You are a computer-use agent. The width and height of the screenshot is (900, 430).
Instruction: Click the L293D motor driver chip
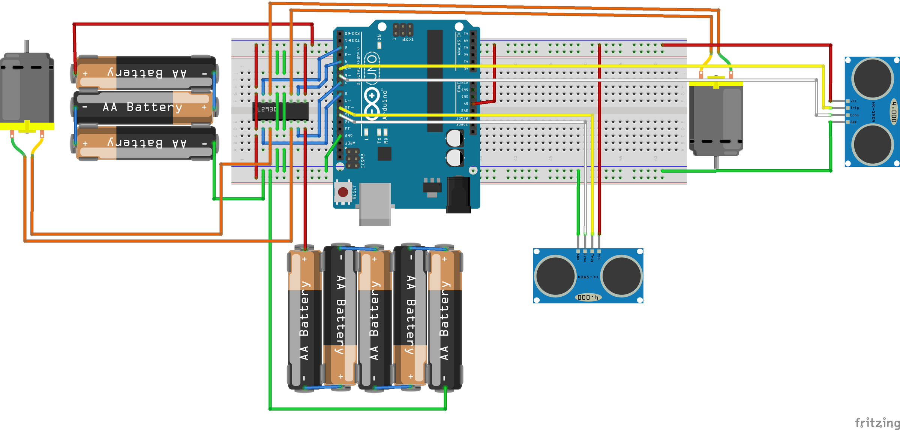pyautogui.click(x=280, y=111)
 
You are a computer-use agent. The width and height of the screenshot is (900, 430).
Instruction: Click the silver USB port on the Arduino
pyautogui.click(x=375, y=204)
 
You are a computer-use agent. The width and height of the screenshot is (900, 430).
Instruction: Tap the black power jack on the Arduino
pyautogui.click(x=458, y=195)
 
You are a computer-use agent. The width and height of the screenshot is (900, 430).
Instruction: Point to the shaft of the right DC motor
pyautogui.click(x=716, y=162)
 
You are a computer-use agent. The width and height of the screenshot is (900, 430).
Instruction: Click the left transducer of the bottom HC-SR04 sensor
pyautogui.click(x=555, y=276)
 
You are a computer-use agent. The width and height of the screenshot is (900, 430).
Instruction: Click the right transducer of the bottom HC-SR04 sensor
pyautogui.click(x=622, y=276)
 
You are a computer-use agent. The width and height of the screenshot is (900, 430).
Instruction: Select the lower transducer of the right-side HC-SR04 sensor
pyautogui.click(x=872, y=145)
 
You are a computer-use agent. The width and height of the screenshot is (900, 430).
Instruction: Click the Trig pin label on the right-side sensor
pyautogui.click(x=854, y=108)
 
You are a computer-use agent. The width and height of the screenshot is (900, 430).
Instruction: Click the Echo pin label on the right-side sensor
pyautogui.click(x=854, y=115)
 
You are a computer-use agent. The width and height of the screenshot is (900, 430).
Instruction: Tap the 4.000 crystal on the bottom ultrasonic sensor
pyautogui.click(x=588, y=297)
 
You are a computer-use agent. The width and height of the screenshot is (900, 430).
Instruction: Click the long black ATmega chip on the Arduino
pyautogui.click(x=435, y=81)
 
